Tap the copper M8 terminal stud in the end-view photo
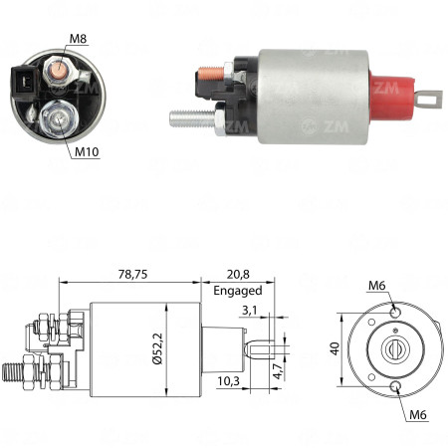point(59,67)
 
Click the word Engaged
point(237,291)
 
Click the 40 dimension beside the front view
point(335,349)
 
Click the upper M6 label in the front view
point(376,288)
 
